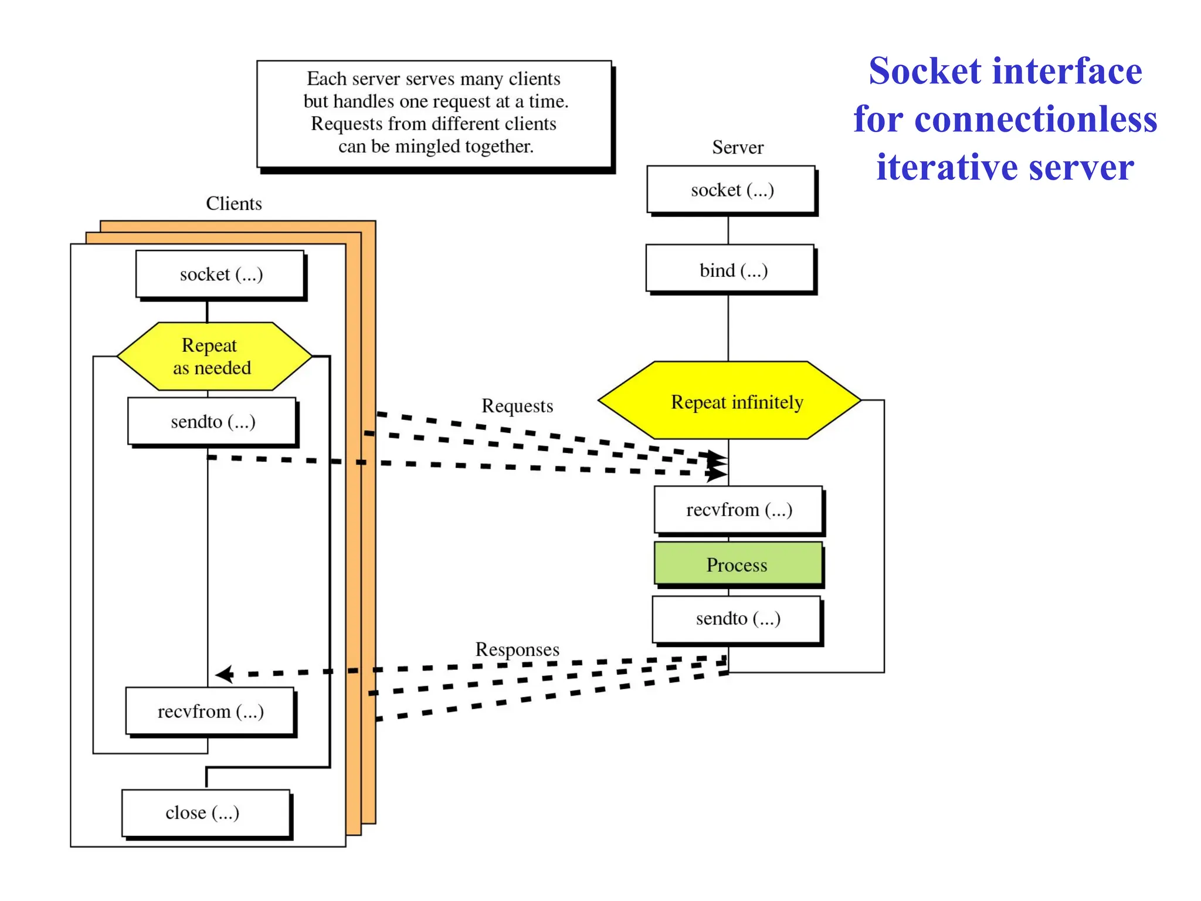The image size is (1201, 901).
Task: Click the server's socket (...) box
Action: pos(731,190)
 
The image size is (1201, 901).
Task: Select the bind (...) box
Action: pos(731,270)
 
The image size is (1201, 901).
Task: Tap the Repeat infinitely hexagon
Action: pos(730,401)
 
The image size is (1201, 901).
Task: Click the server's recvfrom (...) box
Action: pos(738,509)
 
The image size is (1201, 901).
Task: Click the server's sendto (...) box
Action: pos(737,619)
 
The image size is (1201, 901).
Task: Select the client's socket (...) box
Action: pos(220,275)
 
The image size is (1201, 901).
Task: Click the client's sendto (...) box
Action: pos(212,422)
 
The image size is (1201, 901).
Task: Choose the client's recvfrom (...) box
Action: pos(210,712)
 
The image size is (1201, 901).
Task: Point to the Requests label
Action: pos(517,406)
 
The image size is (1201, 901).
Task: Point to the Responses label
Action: pos(517,649)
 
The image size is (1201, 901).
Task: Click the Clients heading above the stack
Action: pos(233,204)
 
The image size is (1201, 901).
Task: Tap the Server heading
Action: pos(737,147)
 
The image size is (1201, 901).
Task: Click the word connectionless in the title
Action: pos(1035,120)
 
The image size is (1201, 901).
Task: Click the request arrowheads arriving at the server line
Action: pos(717,464)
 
